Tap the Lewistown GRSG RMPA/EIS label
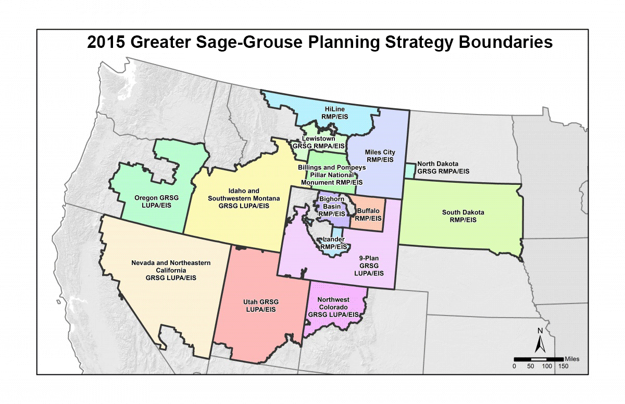click(x=319, y=143)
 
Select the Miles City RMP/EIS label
click(x=380, y=156)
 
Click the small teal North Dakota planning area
click(x=410, y=170)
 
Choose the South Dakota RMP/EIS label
click(x=463, y=216)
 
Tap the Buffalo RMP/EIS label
click(x=368, y=214)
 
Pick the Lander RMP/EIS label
click(x=334, y=243)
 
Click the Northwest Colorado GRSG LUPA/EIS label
click(x=333, y=307)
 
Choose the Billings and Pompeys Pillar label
click(x=332, y=175)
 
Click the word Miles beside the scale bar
click(x=571, y=359)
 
